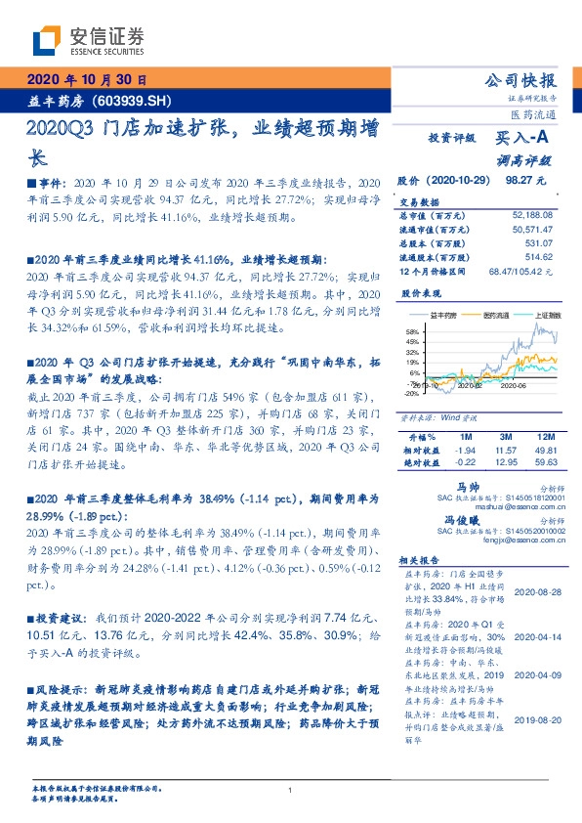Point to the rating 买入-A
523,139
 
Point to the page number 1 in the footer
291,790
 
